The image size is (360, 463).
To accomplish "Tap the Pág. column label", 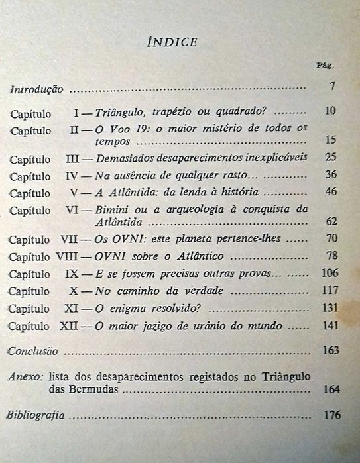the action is point(328,66).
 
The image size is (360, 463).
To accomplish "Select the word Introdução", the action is point(36,87).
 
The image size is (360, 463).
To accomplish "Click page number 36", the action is point(331,175).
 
